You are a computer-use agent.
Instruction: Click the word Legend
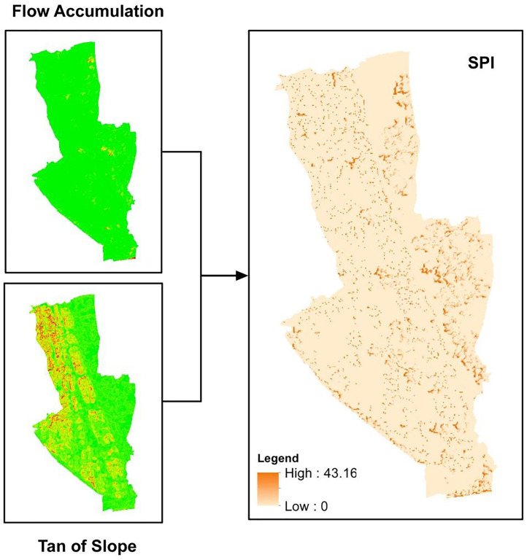(277, 459)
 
